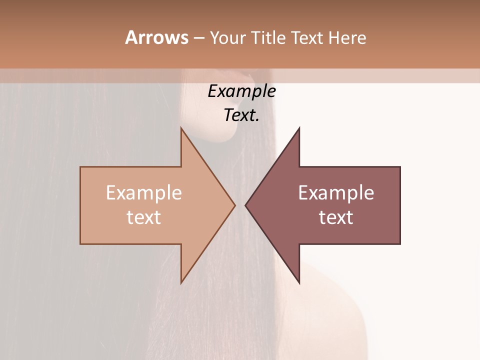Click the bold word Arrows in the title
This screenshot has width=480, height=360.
click(156, 37)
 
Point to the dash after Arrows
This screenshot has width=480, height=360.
click(198, 38)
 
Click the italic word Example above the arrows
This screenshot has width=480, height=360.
click(241, 91)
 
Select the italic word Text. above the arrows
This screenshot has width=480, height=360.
click(241, 115)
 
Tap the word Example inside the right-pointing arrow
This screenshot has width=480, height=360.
click(144, 192)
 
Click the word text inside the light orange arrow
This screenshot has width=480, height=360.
click(144, 217)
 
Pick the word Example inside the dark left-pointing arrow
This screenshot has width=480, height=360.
click(336, 192)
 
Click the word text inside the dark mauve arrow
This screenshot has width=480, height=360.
click(336, 217)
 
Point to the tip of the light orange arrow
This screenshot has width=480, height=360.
click(235, 205)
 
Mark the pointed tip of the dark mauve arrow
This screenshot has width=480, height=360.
click(245, 205)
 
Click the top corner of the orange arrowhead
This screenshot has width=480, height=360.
click(181, 128)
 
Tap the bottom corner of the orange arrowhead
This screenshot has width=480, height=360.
click(181, 283)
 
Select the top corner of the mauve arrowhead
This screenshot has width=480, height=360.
click(299, 128)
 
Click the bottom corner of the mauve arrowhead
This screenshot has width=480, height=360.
click(299, 283)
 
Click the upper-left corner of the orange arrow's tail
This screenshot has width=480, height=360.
click(80, 167)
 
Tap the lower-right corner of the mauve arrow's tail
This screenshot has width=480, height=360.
click(400, 244)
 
